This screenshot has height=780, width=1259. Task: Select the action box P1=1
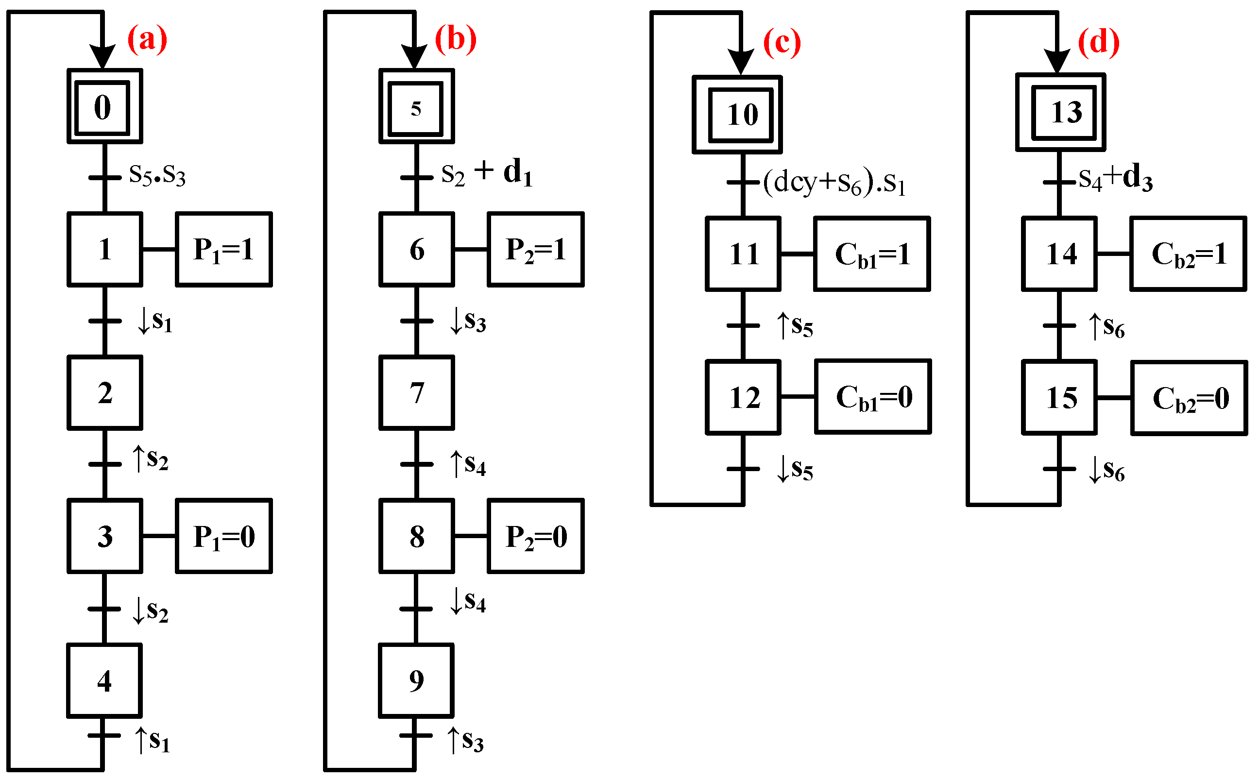pos(223,249)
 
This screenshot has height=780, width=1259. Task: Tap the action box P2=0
pos(535,536)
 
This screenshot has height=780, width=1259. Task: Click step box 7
pos(416,392)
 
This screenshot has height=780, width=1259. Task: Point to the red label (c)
pos(782,42)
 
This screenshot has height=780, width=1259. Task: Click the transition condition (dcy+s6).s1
pos(834,183)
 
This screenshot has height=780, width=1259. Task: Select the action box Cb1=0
pos(873,397)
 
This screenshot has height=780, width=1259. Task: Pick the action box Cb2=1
pos(1188,254)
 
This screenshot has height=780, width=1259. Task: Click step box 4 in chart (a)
pos(104,680)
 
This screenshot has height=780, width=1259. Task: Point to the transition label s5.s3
pos(157,175)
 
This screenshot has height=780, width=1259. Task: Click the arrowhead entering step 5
pos(414,56)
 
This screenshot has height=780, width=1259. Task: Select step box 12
pos(743,397)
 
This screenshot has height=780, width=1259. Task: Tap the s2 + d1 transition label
pos(486,172)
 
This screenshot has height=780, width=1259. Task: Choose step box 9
pos(416,680)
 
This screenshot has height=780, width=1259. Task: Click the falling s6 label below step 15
pos(1106,470)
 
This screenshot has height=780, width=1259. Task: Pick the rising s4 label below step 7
pos(467,464)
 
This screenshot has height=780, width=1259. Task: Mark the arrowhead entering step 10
pos(741,61)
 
